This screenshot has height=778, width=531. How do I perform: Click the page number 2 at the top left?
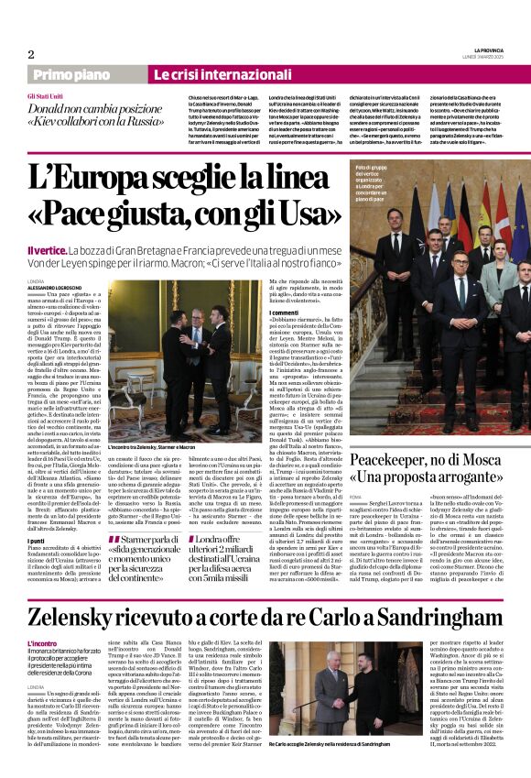(31, 54)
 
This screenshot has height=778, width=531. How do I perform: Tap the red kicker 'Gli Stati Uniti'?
(46, 96)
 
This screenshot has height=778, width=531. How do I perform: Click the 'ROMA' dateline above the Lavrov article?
(356, 496)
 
